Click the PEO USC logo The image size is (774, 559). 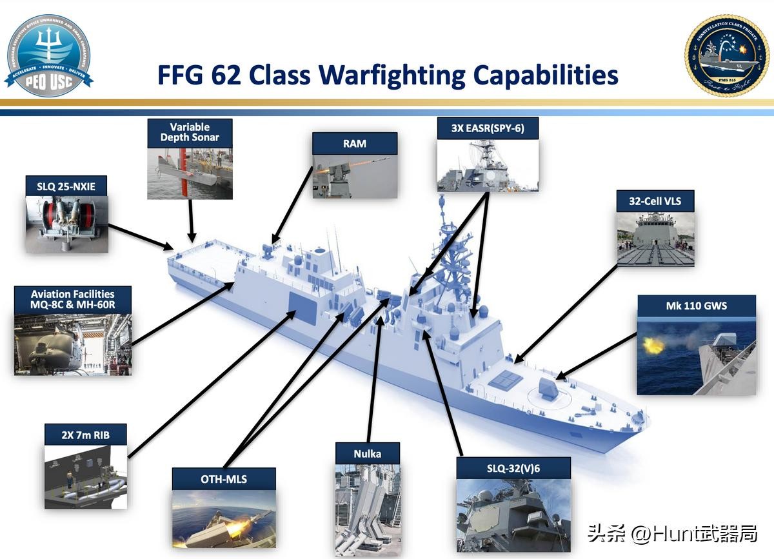[x=48, y=55]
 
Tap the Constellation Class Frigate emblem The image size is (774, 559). [x=726, y=55]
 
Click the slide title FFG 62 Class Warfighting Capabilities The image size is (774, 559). [x=388, y=75]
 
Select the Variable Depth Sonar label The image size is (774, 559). [x=190, y=132]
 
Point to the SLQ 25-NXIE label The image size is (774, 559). [x=66, y=187]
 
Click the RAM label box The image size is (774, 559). [x=354, y=144]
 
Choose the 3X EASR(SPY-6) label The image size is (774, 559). [x=488, y=128]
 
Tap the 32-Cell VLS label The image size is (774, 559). [x=655, y=201]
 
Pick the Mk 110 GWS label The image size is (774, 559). [x=696, y=306]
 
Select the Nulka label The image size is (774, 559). [x=367, y=454]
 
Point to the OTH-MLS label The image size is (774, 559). [x=223, y=479]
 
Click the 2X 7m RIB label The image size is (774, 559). [x=85, y=435]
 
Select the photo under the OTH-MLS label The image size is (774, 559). [x=223, y=519]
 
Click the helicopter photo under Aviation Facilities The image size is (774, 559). [x=72, y=345]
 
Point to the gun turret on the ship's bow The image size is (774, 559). [x=548, y=388]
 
